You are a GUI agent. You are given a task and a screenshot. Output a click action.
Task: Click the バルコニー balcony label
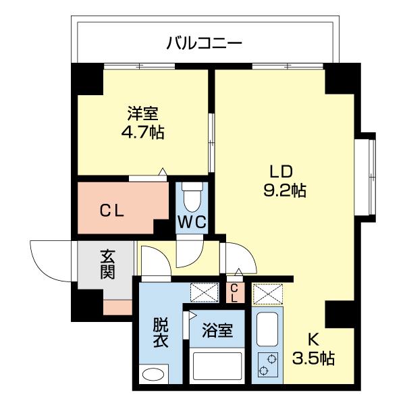tap(204, 44)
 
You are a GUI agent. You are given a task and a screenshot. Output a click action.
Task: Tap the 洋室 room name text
tap(142, 113)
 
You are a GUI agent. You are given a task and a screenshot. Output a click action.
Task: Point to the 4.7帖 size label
tap(142, 131)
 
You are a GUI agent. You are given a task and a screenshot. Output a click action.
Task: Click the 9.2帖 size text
tap(284, 190)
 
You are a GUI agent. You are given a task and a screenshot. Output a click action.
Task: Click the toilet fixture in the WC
tap(193, 196)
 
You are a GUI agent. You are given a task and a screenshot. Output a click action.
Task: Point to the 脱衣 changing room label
tap(161, 333)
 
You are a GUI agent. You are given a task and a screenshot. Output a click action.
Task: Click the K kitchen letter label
tap(313, 340)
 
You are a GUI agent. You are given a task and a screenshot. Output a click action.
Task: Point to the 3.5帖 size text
tap(313, 358)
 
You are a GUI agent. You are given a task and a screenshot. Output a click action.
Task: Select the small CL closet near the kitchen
tap(234, 293)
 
